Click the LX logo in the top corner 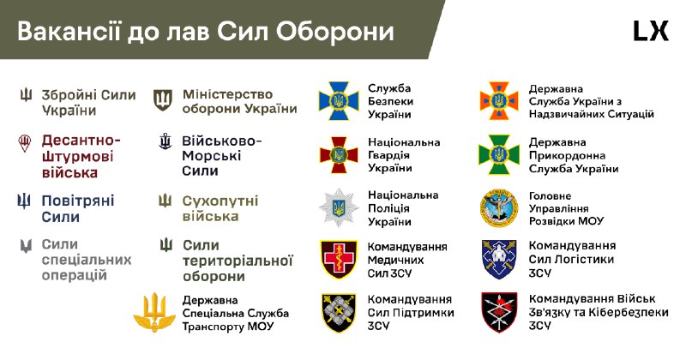651,31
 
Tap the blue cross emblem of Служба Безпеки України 338,100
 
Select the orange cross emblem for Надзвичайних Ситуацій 499,100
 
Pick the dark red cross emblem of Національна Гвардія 338,154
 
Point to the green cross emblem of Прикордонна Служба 499,154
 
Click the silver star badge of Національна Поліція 338,207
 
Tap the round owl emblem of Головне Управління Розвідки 499,207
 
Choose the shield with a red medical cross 338,260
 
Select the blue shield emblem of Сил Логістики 499,260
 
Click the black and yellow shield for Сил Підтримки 338,312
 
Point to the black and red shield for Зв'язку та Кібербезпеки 499,312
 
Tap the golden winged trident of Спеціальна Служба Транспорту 154,312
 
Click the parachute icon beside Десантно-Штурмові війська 25,143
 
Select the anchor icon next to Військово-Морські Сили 165,141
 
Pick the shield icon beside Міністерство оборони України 163,99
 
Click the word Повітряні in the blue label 78,201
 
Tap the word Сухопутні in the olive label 220,201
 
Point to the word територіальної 238,261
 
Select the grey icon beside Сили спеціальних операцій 26,246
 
